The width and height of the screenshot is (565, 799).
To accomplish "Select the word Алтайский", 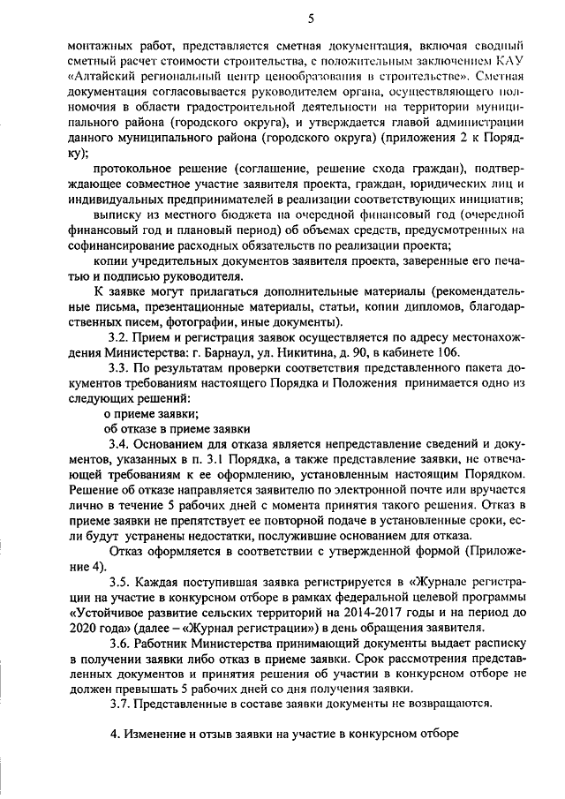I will tap(102, 76).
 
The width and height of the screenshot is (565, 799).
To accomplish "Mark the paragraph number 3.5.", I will tap(121, 585).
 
